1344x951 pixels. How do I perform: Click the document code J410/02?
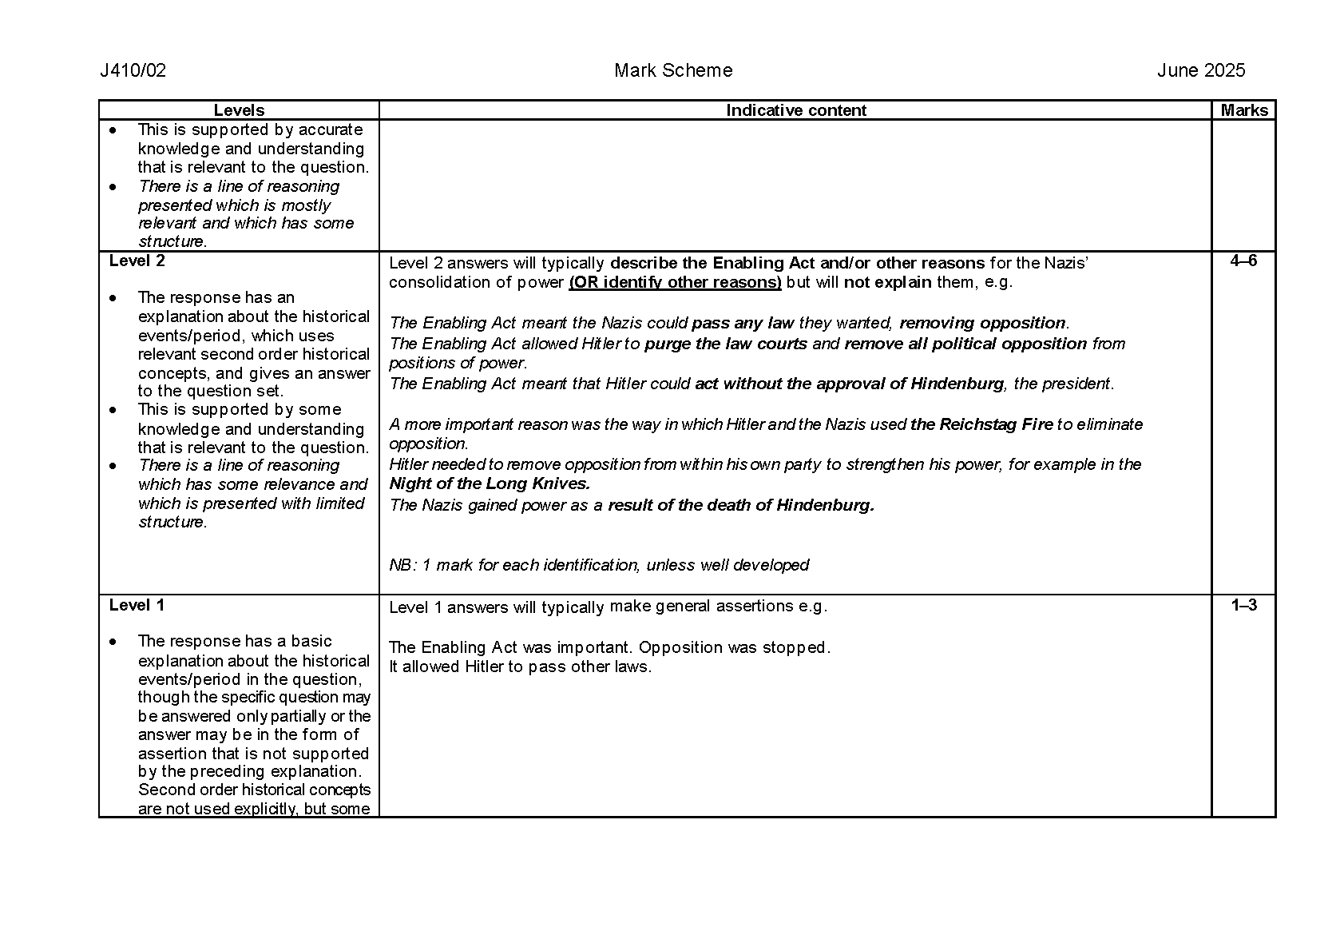pyautogui.click(x=133, y=71)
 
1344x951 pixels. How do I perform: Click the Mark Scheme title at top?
pyautogui.click(x=673, y=71)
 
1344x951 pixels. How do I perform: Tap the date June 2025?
pyautogui.click(x=1201, y=71)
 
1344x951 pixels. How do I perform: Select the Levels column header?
pyautogui.click(x=239, y=110)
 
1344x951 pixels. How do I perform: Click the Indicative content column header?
pyautogui.click(x=795, y=110)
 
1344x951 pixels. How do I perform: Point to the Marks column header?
pyautogui.click(x=1243, y=110)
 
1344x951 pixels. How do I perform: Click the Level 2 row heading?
pyautogui.click(x=137, y=261)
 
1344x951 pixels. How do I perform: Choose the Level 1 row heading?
pyautogui.click(x=137, y=605)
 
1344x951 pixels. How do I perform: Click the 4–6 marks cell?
pyautogui.click(x=1243, y=261)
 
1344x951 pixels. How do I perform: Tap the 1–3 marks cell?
pyautogui.click(x=1243, y=605)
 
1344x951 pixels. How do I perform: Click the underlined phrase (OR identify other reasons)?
pyautogui.click(x=675, y=282)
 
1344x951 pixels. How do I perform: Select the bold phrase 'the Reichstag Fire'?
pyautogui.click(x=981, y=424)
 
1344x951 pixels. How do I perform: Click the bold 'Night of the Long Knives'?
pyautogui.click(x=490, y=483)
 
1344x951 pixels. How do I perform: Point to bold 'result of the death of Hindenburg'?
pyautogui.click(x=741, y=505)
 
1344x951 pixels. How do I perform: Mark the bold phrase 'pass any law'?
pyautogui.click(x=743, y=323)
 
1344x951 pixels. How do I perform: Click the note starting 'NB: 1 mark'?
pyautogui.click(x=599, y=565)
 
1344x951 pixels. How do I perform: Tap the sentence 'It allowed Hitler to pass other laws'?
pyautogui.click(x=520, y=666)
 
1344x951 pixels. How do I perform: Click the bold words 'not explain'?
pyautogui.click(x=887, y=282)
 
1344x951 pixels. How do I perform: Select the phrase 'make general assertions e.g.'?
pyautogui.click(x=718, y=606)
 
